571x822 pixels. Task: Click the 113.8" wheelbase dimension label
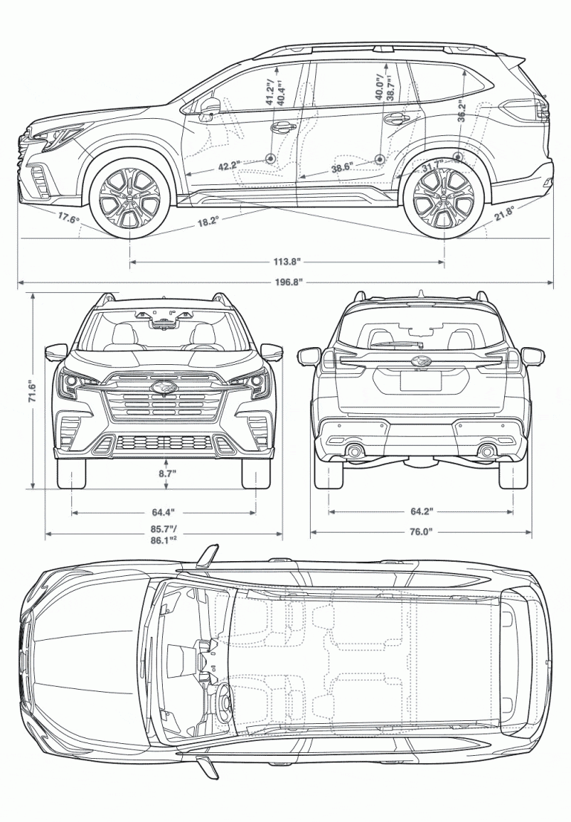pos(288,262)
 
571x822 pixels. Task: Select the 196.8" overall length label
pos(288,282)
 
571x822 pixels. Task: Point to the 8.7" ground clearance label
pos(166,471)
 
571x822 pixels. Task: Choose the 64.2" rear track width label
pos(421,512)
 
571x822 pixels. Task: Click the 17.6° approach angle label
pos(68,218)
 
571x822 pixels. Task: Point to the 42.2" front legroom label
pos(229,166)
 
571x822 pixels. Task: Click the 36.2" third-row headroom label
pos(462,111)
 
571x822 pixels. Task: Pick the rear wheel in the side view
pos(444,197)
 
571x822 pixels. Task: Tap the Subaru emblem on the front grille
pos(160,386)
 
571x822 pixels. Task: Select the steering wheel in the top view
pos(221,698)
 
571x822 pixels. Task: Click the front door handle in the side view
pos(283,127)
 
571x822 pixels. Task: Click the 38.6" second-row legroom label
pos(341,168)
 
